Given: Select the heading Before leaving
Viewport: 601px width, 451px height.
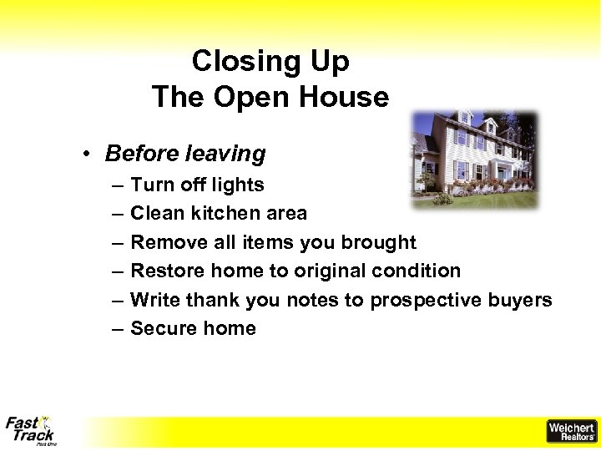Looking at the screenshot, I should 185,154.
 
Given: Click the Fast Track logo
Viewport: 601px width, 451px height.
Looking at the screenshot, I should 30,430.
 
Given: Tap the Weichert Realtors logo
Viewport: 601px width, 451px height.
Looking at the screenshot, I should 571,431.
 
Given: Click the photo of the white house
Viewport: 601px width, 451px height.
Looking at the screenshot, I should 474,159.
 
